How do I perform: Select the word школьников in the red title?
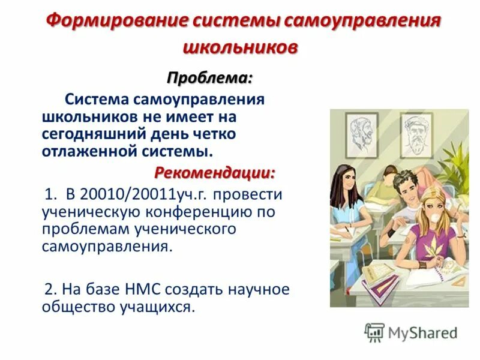pos(239,47)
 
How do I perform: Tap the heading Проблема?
pos(209,78)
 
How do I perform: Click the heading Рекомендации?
pos(215,173)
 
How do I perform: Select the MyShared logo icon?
pos(374,332)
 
